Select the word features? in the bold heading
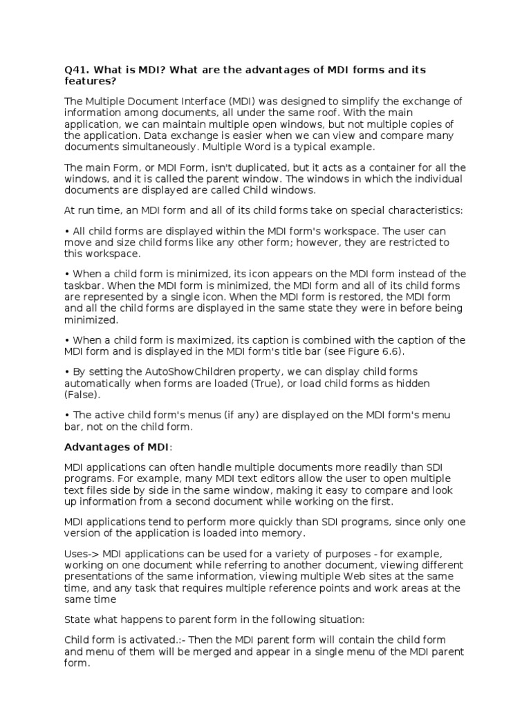coord(88,81)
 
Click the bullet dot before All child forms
coord(67,232)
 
